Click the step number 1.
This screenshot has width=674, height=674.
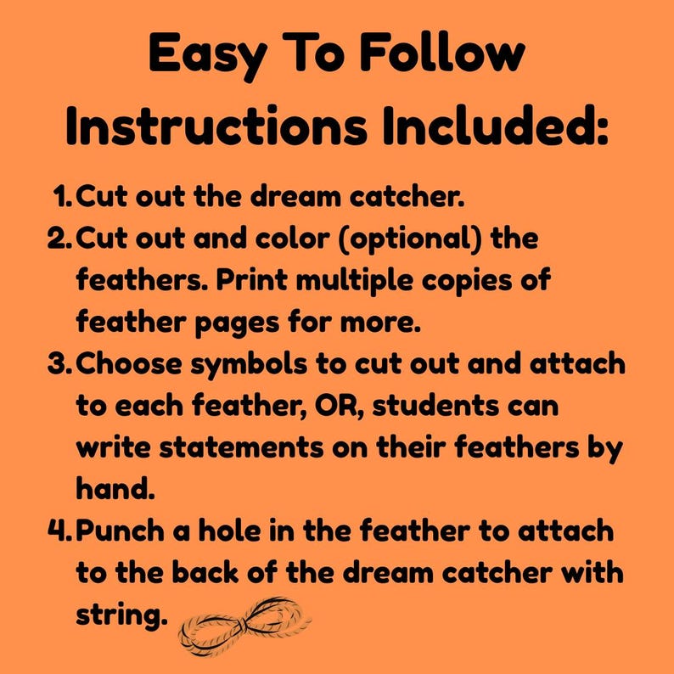pyautogui.click(x=63, y=197)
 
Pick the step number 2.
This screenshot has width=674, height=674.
pyautogui.click(x=59, y=239)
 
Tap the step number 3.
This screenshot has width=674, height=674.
pyautogui.click(x=59, y=364)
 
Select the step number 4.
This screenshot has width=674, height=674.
pyautogui.click(x=59, y=531)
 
